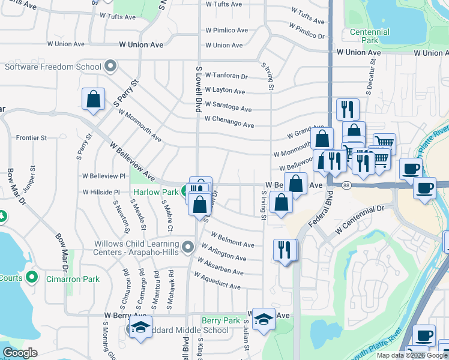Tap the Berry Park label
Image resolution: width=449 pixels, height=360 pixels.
[x=221, y=321]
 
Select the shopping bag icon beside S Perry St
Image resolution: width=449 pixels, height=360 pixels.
[x=94, y=99]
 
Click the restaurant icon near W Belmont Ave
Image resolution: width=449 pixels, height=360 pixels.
[x=285, y=249]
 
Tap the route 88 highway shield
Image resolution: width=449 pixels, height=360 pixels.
[x=347, y=186]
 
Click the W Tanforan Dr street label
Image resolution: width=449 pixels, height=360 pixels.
[x=226, y=76]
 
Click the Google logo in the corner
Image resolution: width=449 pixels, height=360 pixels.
[x=20, y=353]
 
